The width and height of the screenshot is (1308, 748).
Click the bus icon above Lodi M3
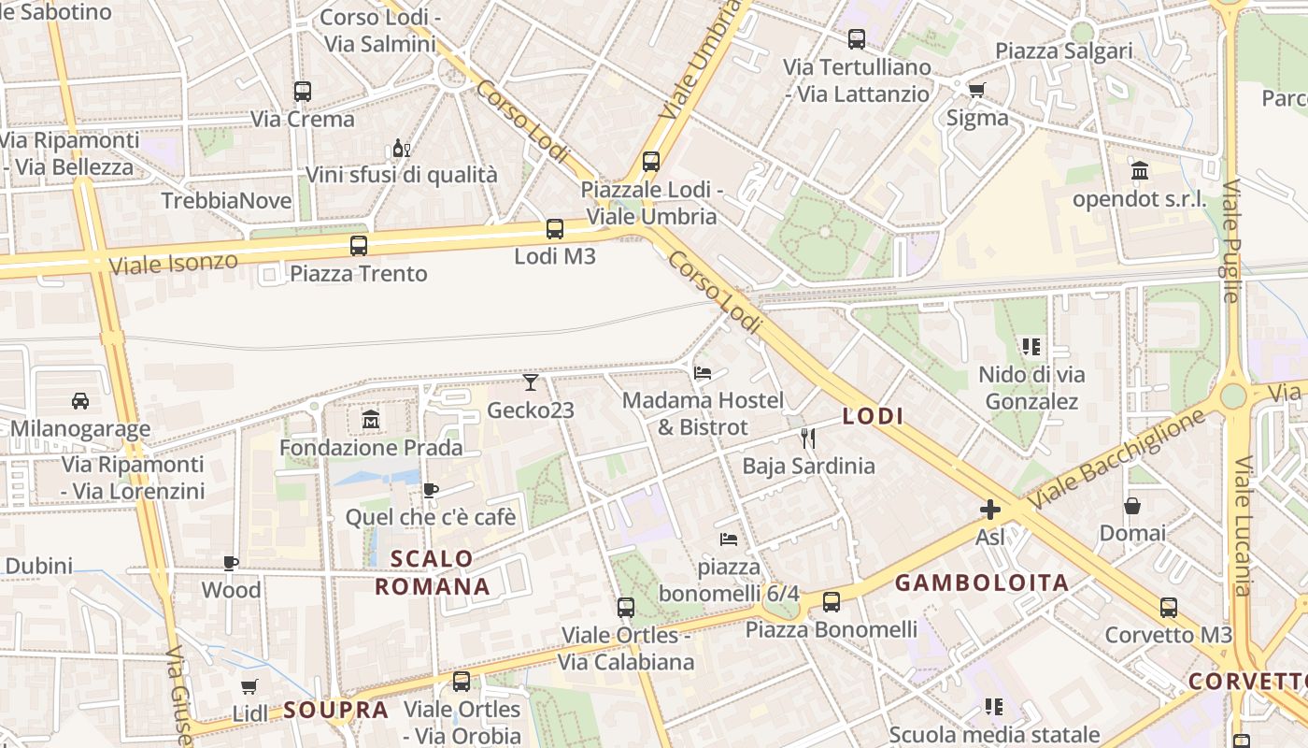(555, 229)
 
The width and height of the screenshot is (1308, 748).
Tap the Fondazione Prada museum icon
(371, 421)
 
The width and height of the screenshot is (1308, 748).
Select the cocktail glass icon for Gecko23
(531, 382)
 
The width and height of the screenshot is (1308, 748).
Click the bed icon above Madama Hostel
(704, 373)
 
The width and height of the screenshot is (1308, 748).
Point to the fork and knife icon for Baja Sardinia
(808, 438)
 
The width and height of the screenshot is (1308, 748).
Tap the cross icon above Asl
(990, 510)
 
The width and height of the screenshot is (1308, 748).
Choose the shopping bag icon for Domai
(1132, 506)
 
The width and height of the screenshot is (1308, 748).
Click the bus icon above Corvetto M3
(1169, 608)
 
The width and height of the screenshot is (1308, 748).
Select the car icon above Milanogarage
(80, 401)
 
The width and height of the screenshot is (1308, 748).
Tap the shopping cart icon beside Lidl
(249, 687)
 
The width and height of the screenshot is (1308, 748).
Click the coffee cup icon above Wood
(231, 563)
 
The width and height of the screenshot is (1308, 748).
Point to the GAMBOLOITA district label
(982, 583)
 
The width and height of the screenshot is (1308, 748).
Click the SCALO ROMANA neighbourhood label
(433, 573)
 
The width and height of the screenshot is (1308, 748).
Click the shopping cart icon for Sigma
(976, 91)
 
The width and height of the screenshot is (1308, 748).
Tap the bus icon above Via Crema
(303, 92)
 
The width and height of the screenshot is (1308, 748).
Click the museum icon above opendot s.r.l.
(1140, 171)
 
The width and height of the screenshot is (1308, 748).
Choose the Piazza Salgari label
(1064, 50)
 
